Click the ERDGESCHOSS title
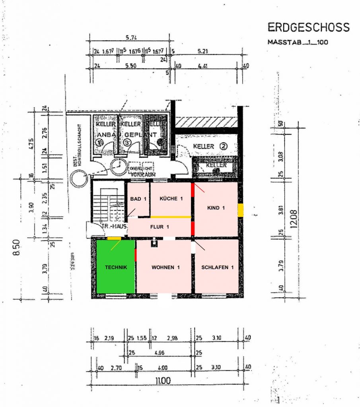(x=308, y=27)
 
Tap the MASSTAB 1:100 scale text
(x=298, y=42)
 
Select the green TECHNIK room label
(x=116, y=267)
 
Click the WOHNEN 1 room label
(x=165, y=267)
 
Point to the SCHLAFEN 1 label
(x=217, y=267)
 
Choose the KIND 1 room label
(x=216, y=208)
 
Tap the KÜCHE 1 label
(x=171, y=198)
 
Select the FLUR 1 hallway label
(x=160, y=227)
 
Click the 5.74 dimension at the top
(x=132, y=38)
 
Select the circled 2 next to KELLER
(x=224, y=146)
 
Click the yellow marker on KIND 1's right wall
(x=240, y=210)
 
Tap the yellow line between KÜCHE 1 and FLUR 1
(x=171, y=217)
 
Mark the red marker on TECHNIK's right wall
(x=136, y=255)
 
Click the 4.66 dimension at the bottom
(x=160, y=352)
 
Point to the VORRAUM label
(x=142, y=174)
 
